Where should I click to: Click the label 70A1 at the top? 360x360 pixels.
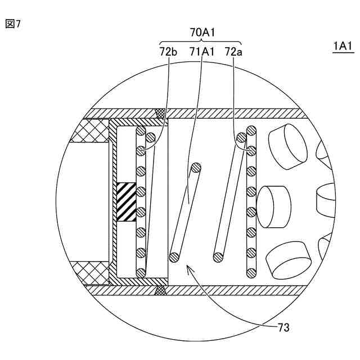202,33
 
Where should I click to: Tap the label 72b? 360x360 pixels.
168,52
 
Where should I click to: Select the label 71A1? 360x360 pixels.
202,52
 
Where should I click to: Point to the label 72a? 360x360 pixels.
233,52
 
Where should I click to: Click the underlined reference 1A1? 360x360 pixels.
343,46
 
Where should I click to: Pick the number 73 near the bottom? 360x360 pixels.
283,327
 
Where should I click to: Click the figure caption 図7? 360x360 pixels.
13,24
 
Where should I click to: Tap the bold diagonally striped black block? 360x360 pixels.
127,202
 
